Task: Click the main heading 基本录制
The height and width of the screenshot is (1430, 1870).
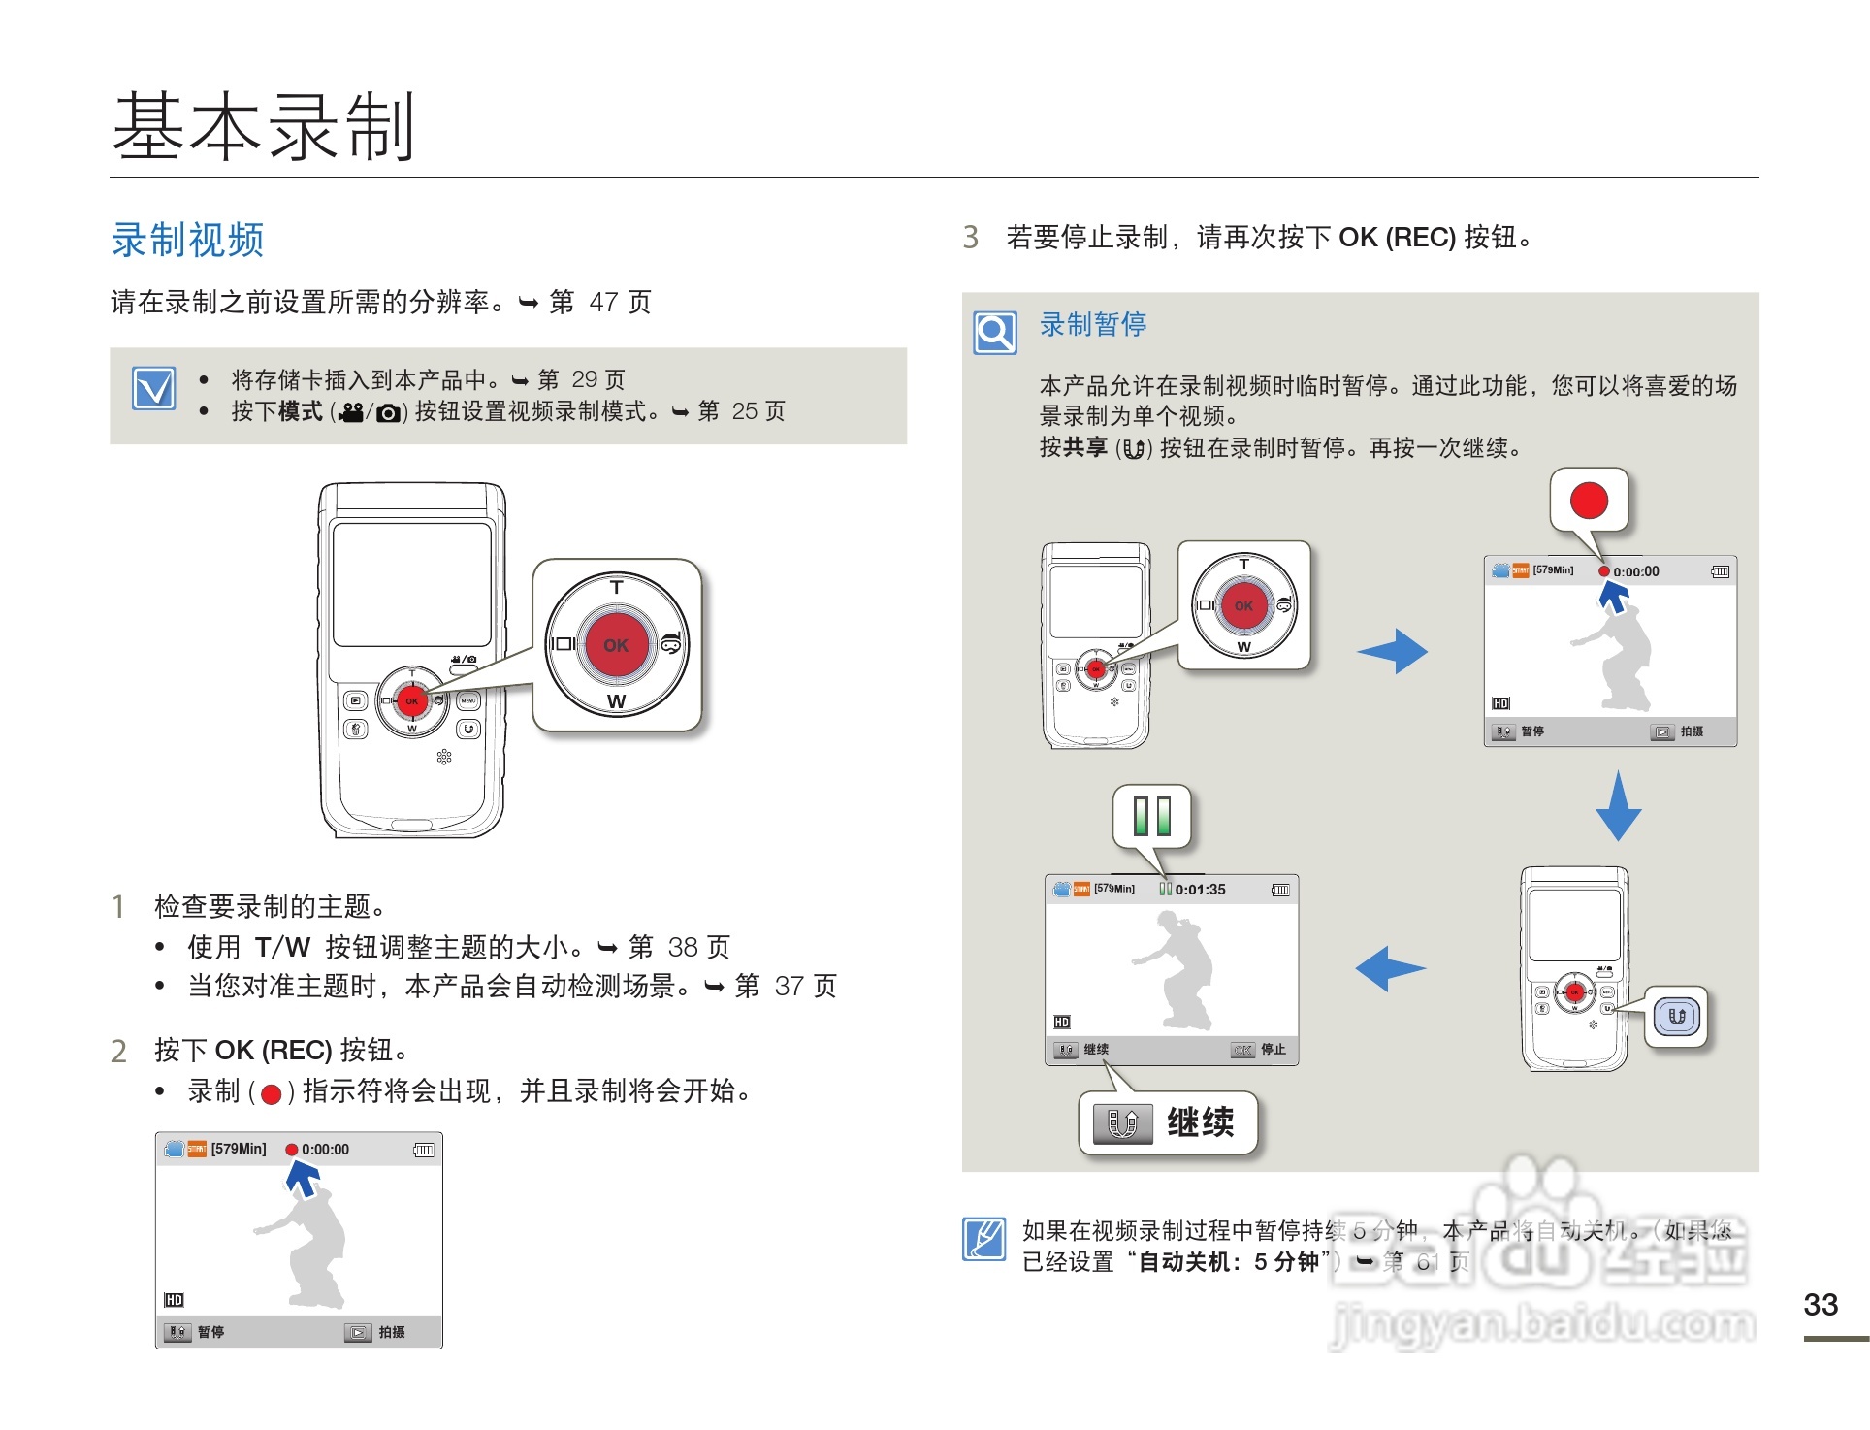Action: click(x=264, y=126)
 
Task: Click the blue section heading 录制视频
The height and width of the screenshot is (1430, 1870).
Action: click(x=187, y=240)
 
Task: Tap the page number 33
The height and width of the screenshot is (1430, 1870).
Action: click(x=1821, y=1305)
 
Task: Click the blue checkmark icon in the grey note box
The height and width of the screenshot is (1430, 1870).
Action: click(x=154, y=389)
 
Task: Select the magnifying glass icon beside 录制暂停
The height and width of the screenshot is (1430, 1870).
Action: click(x=995, y=333)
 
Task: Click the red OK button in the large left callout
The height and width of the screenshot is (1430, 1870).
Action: click(x=616, y=645)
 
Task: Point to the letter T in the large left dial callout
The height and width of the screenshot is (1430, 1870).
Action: click(x=616, y=587)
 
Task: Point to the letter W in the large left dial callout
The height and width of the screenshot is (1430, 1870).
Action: click(x=616, y=701)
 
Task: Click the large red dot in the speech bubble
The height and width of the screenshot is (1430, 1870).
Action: click(x=1589, y=501)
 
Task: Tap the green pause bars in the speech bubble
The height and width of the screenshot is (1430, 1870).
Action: click(x=1152, y=816)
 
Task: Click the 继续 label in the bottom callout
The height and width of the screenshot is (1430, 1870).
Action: click(x=1200, y=1122)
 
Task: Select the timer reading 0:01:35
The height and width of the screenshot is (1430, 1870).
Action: click(x=1200, y=890)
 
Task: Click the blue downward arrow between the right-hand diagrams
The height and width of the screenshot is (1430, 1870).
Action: click(x=1618, y=806)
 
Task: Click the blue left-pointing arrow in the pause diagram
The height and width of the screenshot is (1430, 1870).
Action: click(x=1390, y=968)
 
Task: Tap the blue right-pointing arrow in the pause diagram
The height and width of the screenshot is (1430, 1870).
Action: click(x=1393, y=651)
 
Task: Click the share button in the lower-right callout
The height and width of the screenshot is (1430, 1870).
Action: click(x=1677, y=1017)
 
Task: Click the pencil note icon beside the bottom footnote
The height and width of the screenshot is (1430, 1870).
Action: click(x=984, y=1239)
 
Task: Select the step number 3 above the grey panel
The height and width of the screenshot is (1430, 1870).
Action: click(x=970, y=238)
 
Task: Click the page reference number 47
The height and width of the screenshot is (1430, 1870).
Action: click(x=603, y=303)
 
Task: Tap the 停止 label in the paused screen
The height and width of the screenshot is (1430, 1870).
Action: click(x=1273, y=1050)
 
